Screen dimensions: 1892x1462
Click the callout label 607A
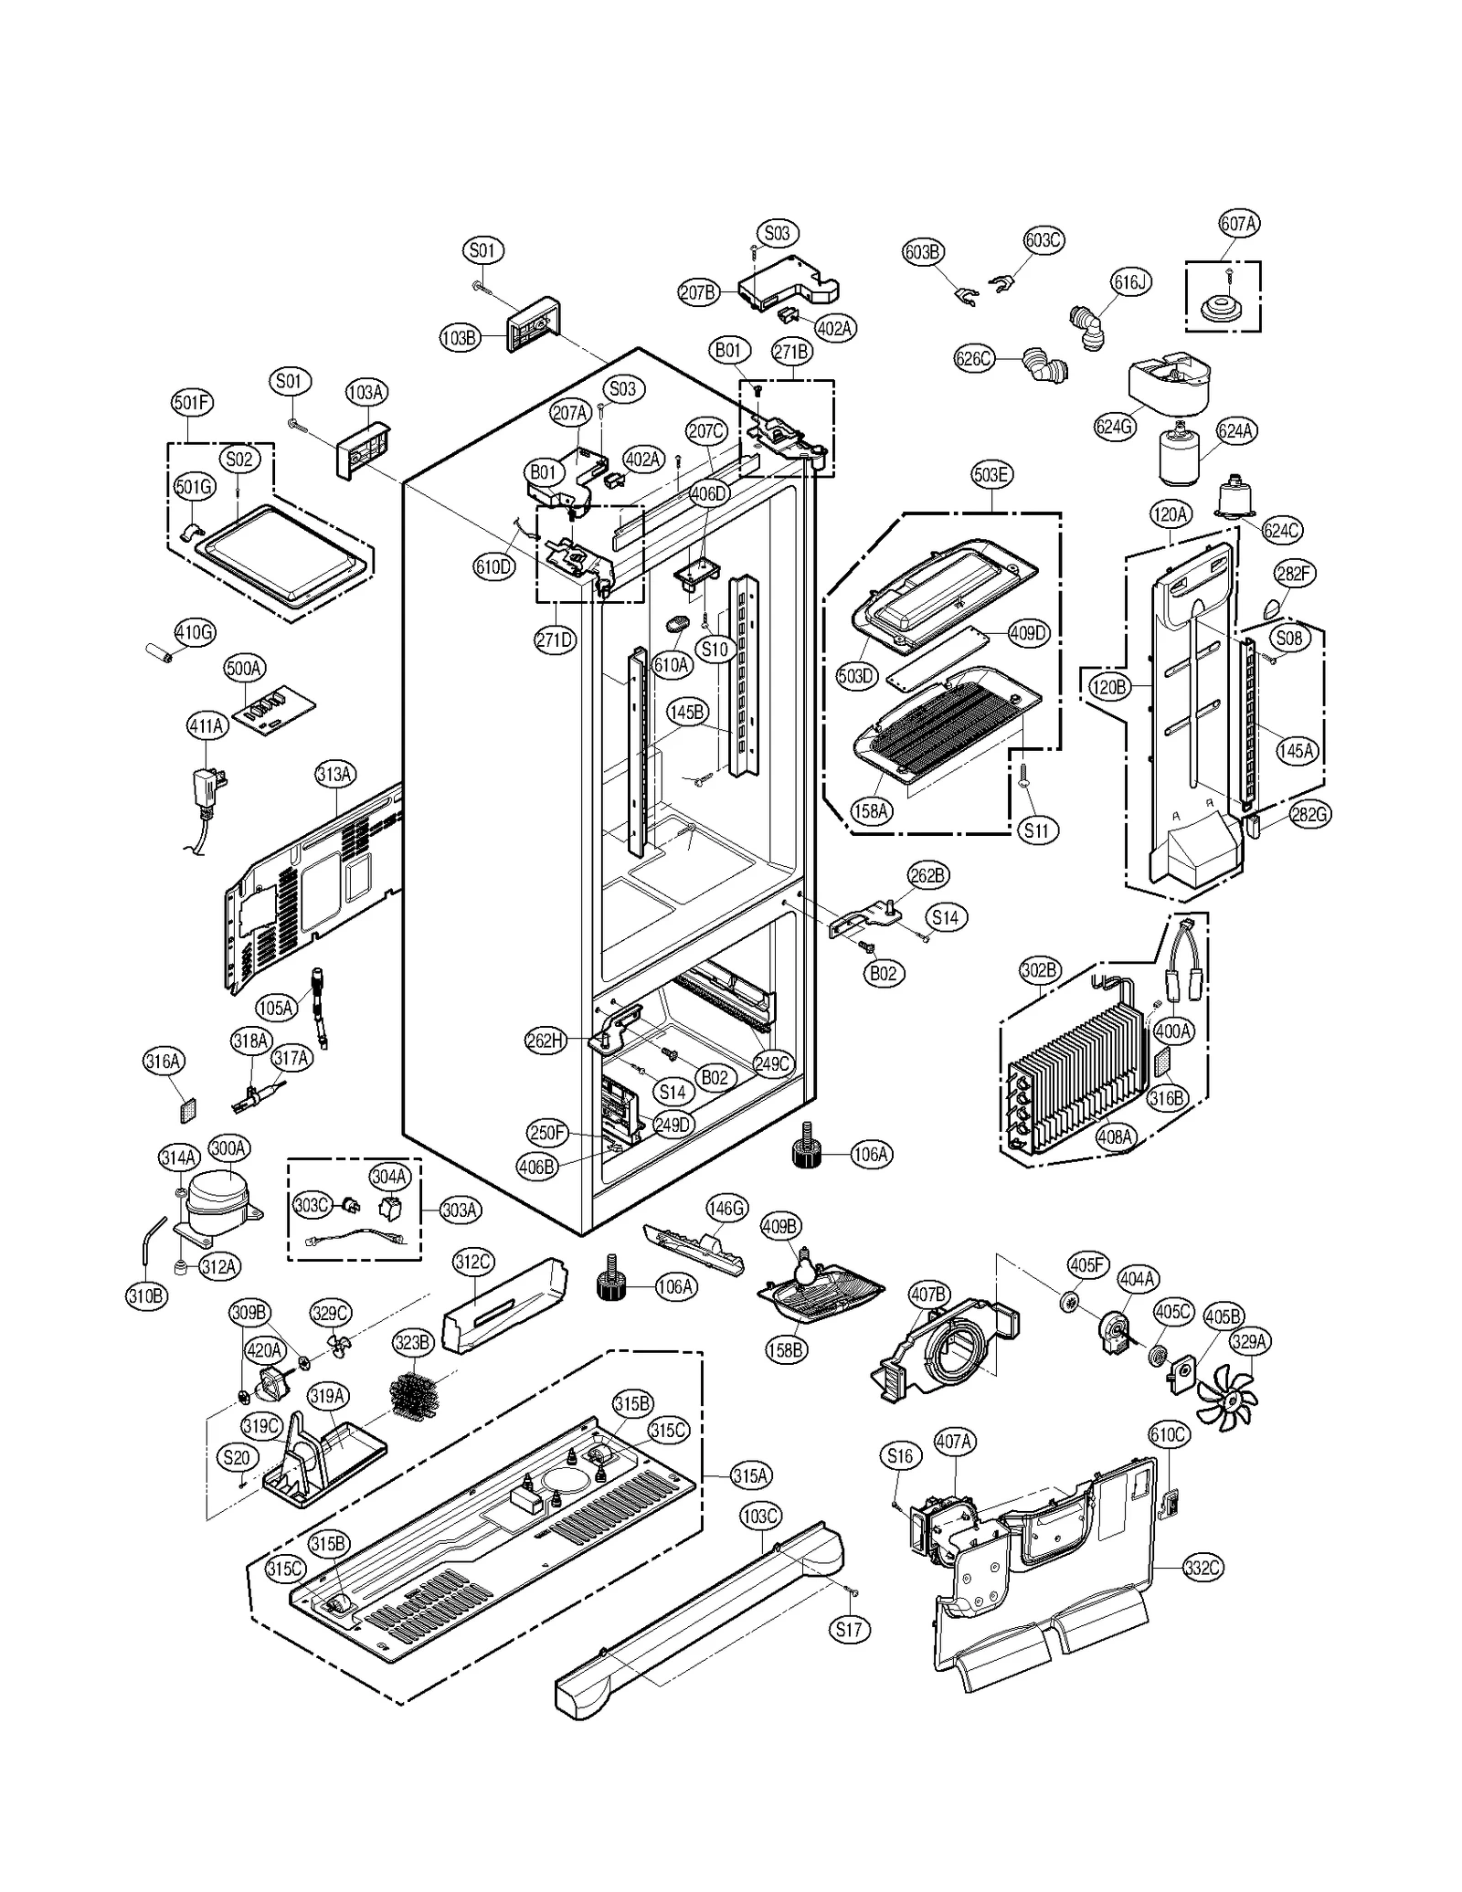[1238, 224]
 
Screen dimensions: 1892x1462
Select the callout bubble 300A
[228, 1148]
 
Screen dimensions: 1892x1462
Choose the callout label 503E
[991, 475]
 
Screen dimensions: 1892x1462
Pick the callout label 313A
[334, 775]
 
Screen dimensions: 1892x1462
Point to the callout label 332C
[1202, 1568]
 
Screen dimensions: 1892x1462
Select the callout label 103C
[760, 1517]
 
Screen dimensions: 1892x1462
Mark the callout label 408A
[1115, 1137]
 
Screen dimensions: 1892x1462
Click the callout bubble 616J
[1128, 282]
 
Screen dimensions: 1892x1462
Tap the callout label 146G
[726, 1209]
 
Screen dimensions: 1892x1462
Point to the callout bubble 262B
[927, 875]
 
